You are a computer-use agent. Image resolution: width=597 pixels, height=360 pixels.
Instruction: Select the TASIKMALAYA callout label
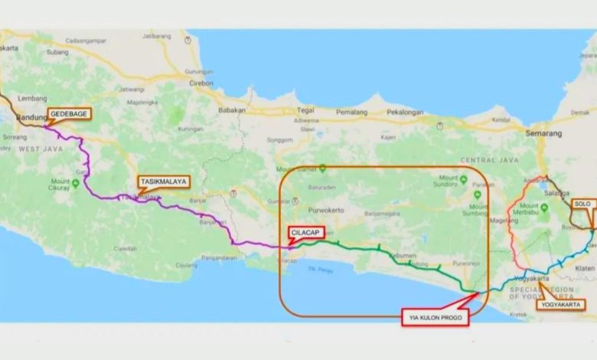[x=162, y=182]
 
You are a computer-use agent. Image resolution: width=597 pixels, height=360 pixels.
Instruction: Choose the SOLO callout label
[x=582, y=204]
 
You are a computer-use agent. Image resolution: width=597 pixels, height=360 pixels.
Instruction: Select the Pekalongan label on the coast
[x=404, y=113]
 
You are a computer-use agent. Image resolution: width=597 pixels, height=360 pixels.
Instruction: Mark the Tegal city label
[x=305, y=110]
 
